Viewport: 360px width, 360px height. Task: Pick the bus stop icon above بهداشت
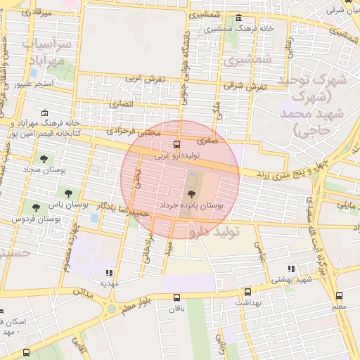pyautogui.click(x=247, y=292)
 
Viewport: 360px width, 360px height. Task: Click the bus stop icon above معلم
pyautogui.click(x=340, y=296)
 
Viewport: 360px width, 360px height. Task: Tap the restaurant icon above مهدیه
pyautogui.click(x=108, y=272)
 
